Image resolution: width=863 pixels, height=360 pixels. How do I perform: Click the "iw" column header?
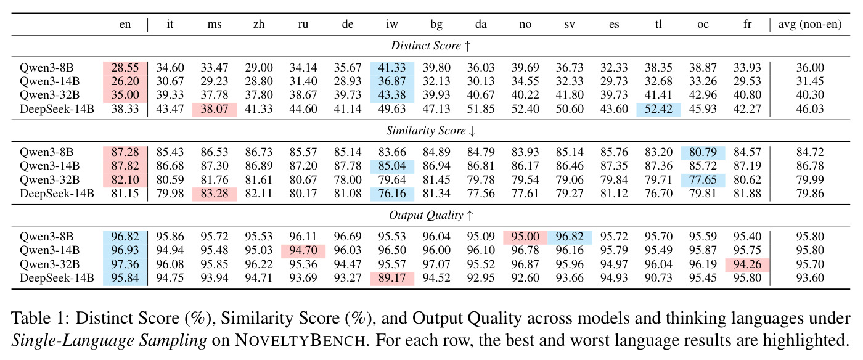pyautogui.click(x=392, y=24)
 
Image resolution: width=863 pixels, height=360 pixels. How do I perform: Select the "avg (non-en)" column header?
pyautogui.click(x=810, y=24)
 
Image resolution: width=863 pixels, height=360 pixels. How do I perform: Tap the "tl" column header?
pyautogui.click(x=658, y=24)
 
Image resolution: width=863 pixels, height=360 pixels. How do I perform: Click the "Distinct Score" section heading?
pyautogui.click(x=426, y=46)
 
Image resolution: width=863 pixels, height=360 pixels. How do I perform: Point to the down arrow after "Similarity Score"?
pyautogui.click(x=472, y=131)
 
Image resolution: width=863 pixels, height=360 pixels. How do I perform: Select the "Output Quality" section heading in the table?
pyautogui.click(x=426, y=215)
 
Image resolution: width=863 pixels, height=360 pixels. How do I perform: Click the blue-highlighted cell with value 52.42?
pyautogui.click(x=658, y=109)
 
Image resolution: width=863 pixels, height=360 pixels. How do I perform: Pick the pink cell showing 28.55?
pyautogui.click(x=125, y=68)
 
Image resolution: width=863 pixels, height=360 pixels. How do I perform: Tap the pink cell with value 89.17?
pyautogui.click(x=392, y=278)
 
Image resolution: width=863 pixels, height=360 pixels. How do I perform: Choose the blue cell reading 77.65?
pyautogui.click(x=703, y=180)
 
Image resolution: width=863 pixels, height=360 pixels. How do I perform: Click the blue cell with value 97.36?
pyautogui.click(x=125, y=264)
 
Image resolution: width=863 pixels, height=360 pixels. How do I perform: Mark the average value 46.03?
pyautogui.click(x=810, y=109)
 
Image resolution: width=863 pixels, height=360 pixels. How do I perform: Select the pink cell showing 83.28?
pyautogui.click(x=215, y=194)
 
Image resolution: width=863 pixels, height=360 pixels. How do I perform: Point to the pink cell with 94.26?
pyautogui.click(x=747, y=264)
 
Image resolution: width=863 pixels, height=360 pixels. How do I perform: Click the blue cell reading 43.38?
pyautogui.click(x=392, y=95)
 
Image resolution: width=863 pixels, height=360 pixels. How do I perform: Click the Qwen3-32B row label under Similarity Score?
pyautogui.click(x=50, y=180)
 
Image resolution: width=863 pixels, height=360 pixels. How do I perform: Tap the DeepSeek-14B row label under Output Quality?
pyautogui.click(x=57, y=278)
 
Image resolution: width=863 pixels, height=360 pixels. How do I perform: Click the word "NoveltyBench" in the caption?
pyautogui.click(x=300, y=340)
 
